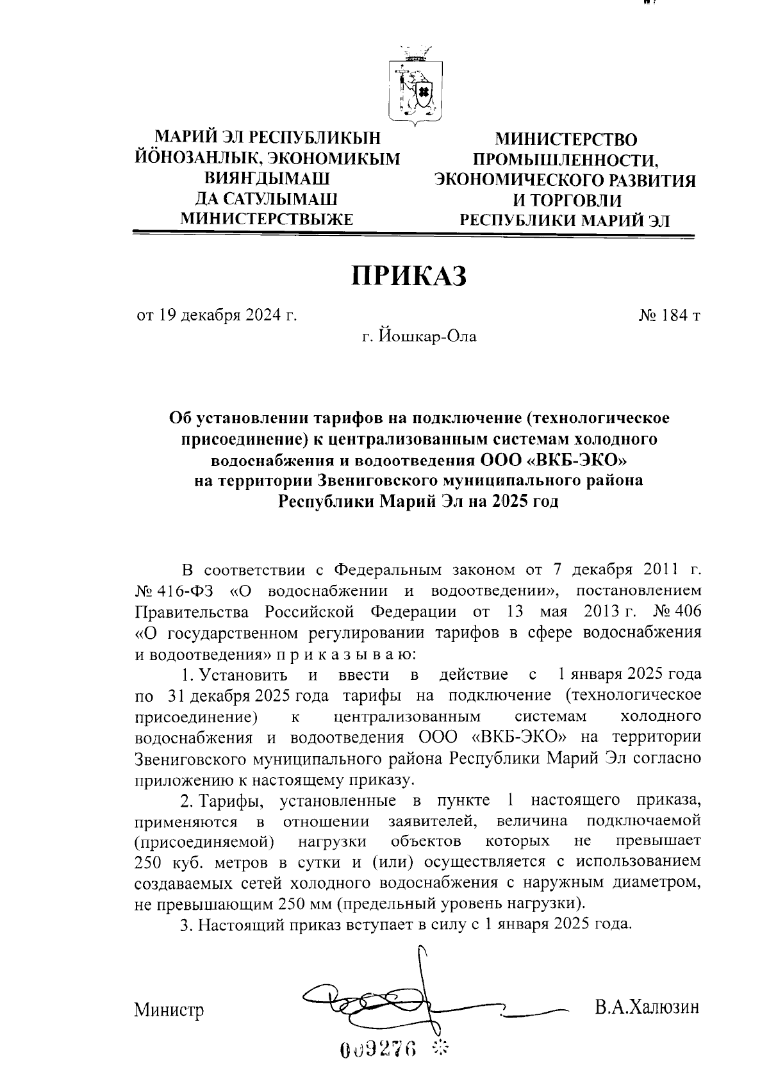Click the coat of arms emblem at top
tap(415, 84)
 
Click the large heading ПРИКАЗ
tap(409, 277)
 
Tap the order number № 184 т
tap(668, 315)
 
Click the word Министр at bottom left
tap(169, 1010)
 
